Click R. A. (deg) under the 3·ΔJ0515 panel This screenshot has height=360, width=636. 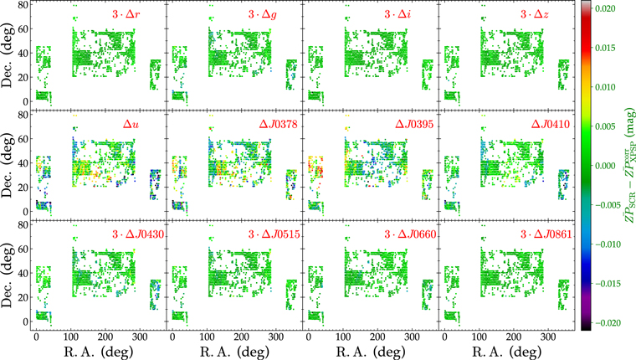pyautogui.click(x=234, y=350)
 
